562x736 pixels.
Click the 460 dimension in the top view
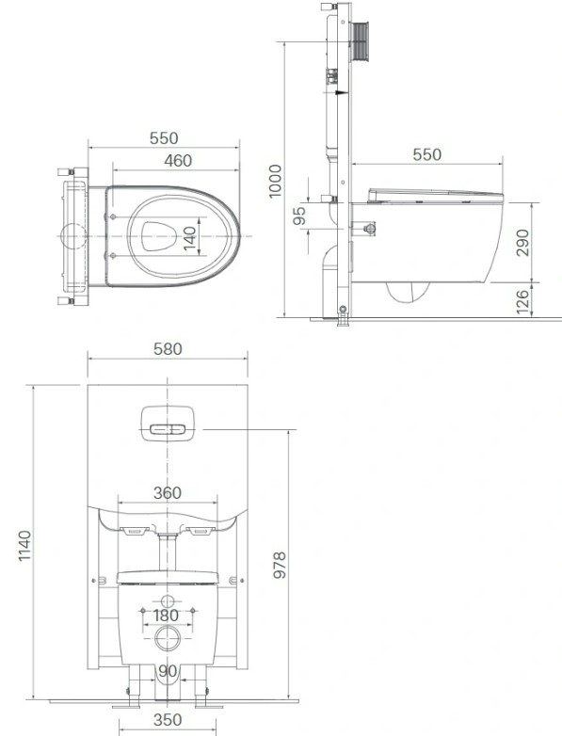coord(177,161)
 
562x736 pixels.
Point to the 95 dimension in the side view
coord(300,216)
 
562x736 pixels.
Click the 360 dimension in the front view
coord(167,493)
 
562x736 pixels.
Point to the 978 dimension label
coord(279,563)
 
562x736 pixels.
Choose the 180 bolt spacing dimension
coord(167,618)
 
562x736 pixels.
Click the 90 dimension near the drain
coord(167,672)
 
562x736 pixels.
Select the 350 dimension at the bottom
coord(167,725)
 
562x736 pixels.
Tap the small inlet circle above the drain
coord(167,600)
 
